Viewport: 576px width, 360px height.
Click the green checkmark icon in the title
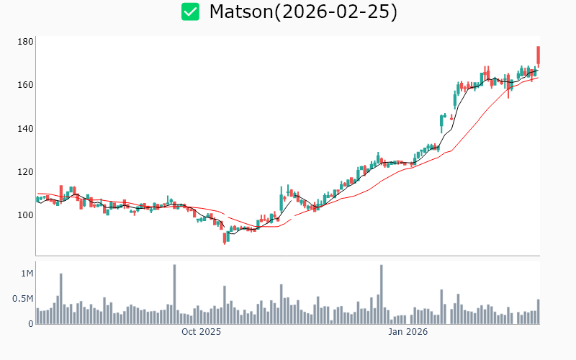point(190,12)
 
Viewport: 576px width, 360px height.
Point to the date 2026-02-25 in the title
point(338,12)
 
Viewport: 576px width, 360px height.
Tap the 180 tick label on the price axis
point(26,42)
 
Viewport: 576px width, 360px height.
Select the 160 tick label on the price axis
point(26,85)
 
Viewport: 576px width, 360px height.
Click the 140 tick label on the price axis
point(26,129)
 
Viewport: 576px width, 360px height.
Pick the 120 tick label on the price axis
point(26,172)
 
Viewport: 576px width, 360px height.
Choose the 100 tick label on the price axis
point(26,215)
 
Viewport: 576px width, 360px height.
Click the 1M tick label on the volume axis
point(27,274)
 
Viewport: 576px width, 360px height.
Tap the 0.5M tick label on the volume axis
point(23,299)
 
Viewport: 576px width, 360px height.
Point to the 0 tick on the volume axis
point(31,324)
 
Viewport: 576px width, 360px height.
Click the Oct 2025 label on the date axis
point(201,332)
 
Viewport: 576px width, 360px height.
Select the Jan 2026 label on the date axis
point(408,332)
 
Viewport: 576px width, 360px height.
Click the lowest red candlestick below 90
point(225,238)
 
